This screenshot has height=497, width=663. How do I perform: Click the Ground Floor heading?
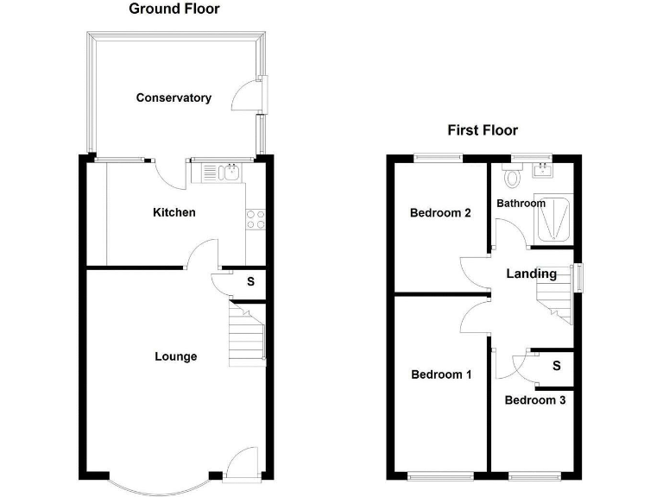pos(174,9)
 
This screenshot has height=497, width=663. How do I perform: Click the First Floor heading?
pos(482,131)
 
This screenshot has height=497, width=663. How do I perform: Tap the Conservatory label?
pos(174,98)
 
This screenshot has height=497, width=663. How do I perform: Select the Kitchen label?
pos(174,212)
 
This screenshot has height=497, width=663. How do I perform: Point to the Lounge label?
pos(175,356)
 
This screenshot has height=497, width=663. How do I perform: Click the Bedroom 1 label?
pos(441,374)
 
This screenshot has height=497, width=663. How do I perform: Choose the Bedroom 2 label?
pos(440,213)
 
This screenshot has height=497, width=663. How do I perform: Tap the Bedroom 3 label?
pos(535,400)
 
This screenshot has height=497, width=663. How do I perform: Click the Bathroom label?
pos(521,204)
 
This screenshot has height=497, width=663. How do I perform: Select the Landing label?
pos(531,274)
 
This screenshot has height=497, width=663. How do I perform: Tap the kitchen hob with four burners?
pos(255,219)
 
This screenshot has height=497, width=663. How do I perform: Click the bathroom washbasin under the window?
pos(544,168)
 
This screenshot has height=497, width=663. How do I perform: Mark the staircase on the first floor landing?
pos(553,304)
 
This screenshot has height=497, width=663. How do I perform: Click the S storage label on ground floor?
pos(250,281)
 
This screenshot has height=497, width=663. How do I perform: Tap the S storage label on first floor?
pos(556,366)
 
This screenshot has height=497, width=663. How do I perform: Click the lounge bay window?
pos(158,483)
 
